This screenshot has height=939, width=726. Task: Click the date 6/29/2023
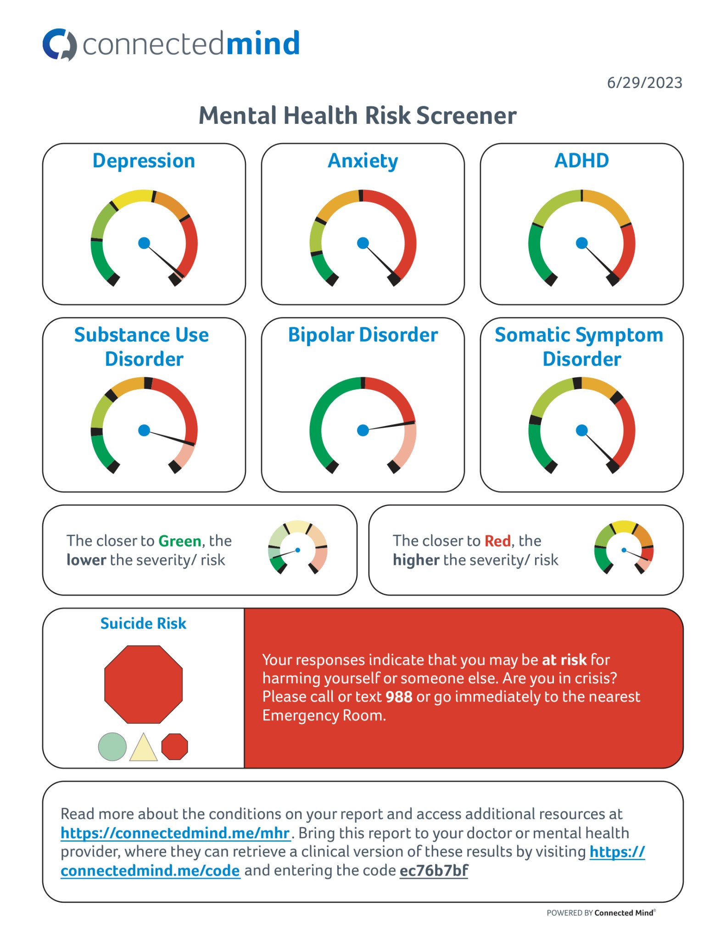(x=644, y=83)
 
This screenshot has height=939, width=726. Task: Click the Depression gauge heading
(x=144, y=161)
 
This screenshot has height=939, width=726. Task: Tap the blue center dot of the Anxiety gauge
(x=363, y=243)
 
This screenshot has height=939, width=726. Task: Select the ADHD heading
(x=581, y=161)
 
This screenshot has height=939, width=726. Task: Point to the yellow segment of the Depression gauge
(x=132, y=196)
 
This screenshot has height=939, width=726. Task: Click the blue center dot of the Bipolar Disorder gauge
(x=363, y=430)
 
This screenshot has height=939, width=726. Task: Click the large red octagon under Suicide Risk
(x=144, y=684)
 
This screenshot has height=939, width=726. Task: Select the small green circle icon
(x=112, y=746)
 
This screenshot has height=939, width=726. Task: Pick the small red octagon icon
(x=174, y=746)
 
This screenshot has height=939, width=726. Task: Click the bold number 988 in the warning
(x=399, y=697)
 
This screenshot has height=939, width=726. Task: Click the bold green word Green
(x=180, y=541)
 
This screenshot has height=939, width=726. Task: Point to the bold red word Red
(x=497, y=541)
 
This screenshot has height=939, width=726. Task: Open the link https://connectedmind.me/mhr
(x=175, y=833)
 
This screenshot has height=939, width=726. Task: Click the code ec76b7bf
(x=434, y=870)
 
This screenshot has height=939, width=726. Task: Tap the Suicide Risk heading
(x=143, y=624)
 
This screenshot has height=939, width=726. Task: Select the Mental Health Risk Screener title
(x=357, y=116)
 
